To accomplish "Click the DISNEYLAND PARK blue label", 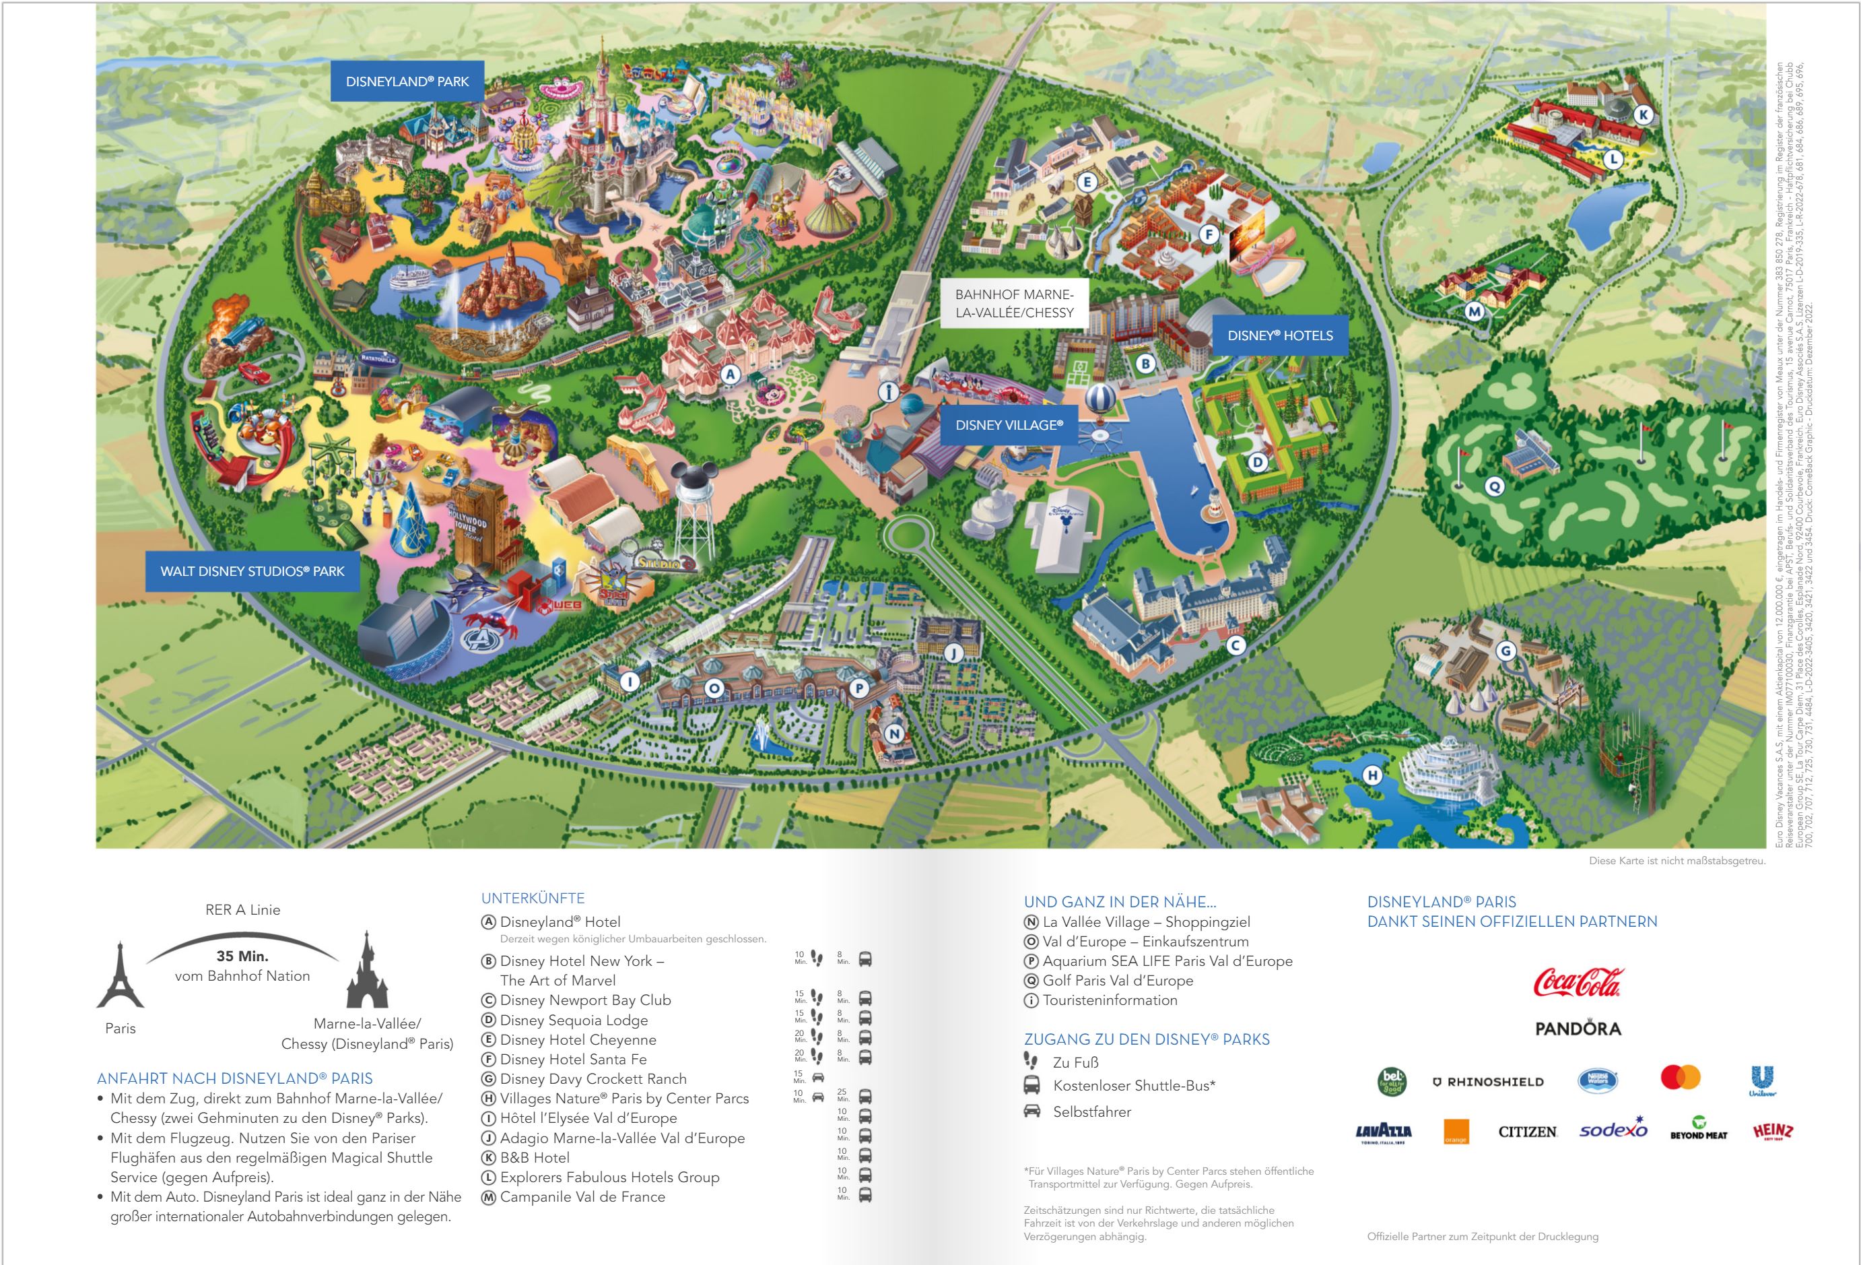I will click(x=407, y=81).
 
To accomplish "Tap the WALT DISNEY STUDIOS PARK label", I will click(x=252, y=571).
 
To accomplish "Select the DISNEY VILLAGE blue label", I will click(x=1009, y=426).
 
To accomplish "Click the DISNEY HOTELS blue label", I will click(x=1280, y=335).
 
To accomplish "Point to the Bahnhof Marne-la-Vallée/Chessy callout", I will click(x=1014, y=304).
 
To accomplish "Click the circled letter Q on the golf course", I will click(x=1494, y=486).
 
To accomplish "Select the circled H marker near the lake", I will click(x=1373, y=775).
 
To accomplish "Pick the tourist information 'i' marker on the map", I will click(x=888, y=392).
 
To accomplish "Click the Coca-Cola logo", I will click(x=1577, y=982).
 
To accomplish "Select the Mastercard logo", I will click(x=1680, y=1078).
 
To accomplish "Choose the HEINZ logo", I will click(x=1772, y=1130).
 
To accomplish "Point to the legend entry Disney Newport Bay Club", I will click(x=584, y=1000).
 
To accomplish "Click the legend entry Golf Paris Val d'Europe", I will click(x=1117, y=981).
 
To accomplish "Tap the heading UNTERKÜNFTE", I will click(x=533, y=898).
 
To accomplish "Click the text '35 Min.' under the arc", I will click(x=242, y=956).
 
